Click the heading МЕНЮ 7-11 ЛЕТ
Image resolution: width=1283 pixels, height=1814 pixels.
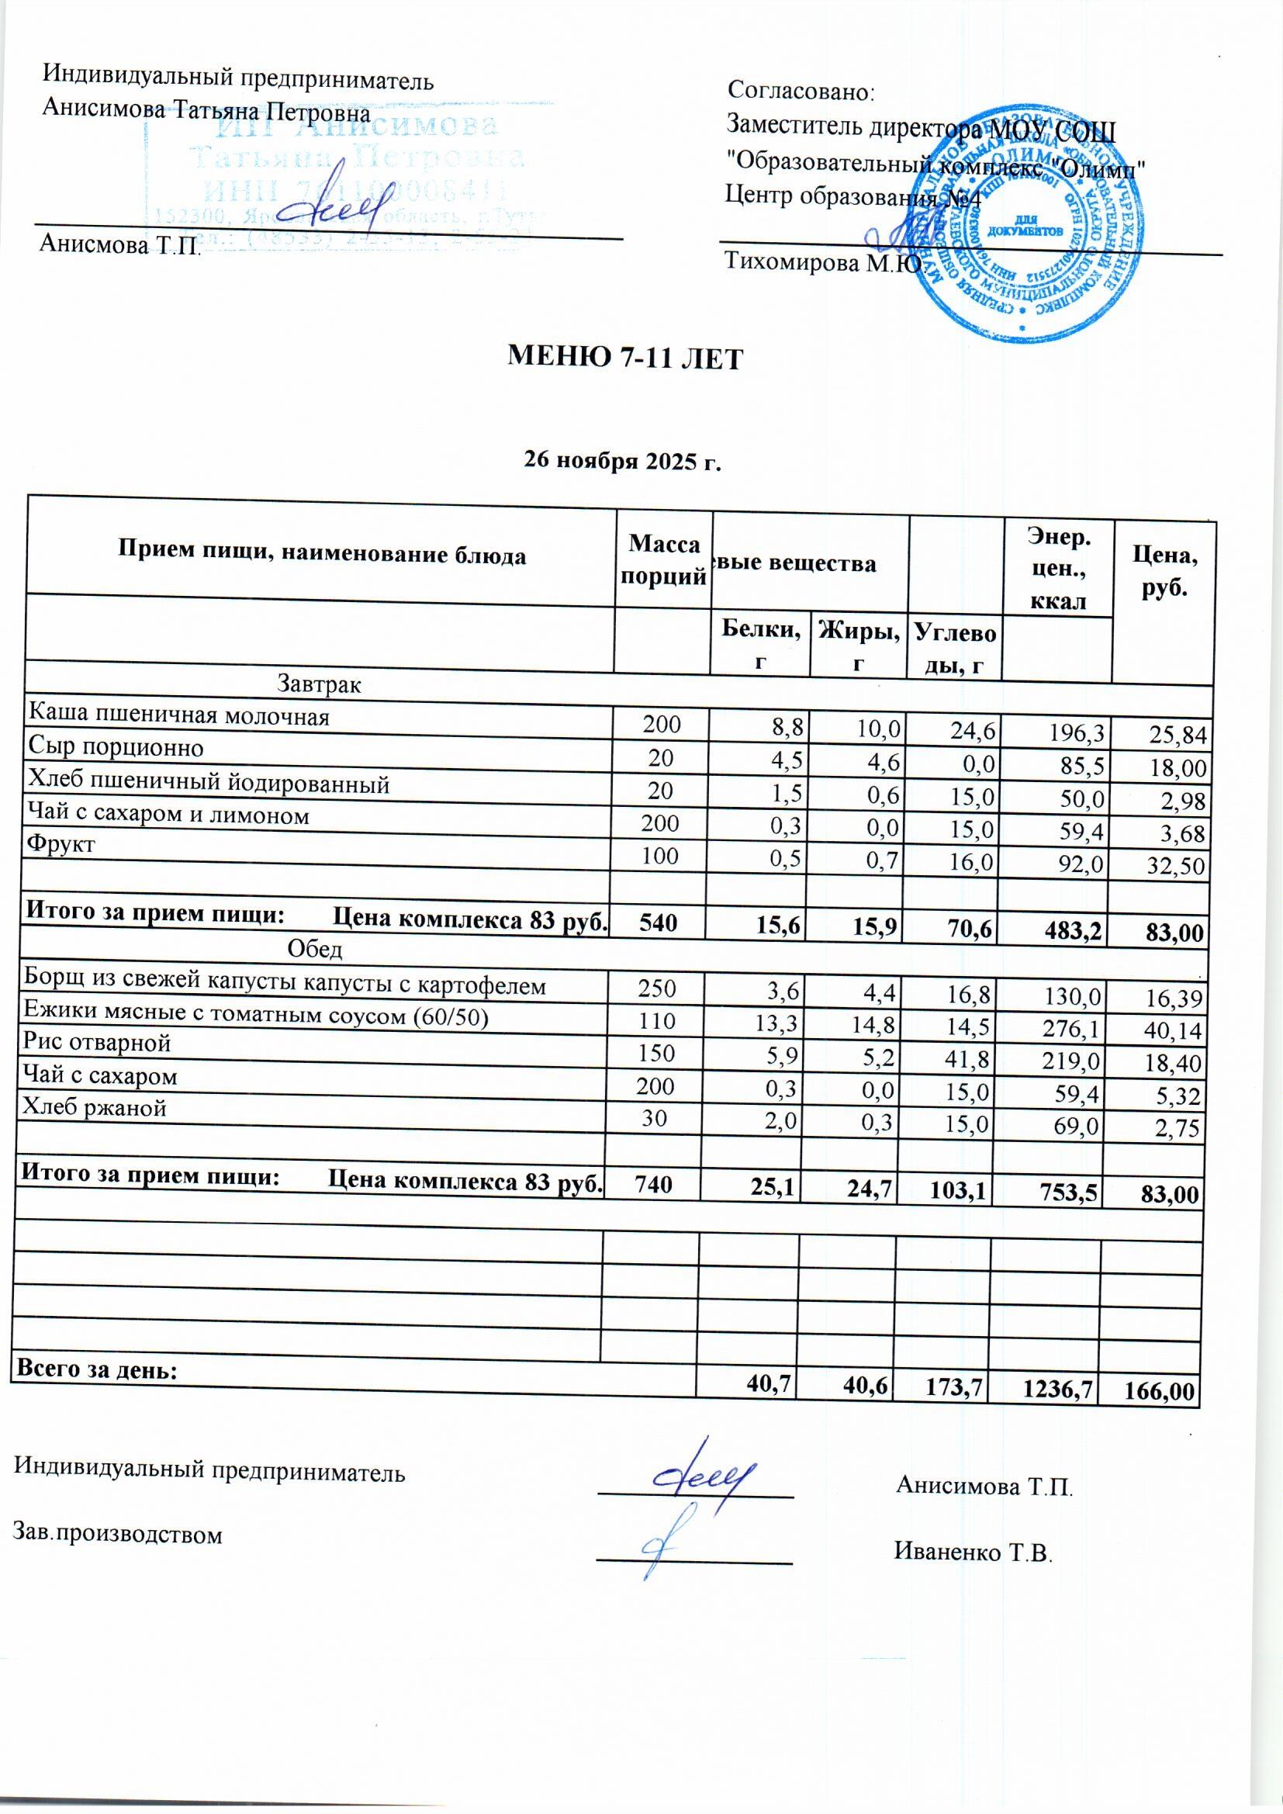coord(625,359)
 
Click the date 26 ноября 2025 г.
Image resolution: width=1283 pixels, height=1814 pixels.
coord(624,461)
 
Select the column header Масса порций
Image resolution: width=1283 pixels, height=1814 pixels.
coord(664,560)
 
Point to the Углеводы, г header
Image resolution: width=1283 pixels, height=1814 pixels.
coord(955,649)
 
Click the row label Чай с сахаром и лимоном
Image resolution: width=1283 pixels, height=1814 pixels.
coord(169,815)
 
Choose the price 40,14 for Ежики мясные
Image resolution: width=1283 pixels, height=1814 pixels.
coord(1174,1030)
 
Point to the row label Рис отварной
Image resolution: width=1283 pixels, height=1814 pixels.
coord(98,1043)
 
